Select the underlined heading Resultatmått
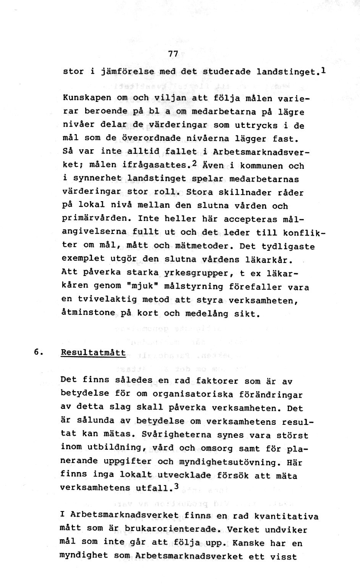(x=93, y=353)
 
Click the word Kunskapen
(x=87, y=98)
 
